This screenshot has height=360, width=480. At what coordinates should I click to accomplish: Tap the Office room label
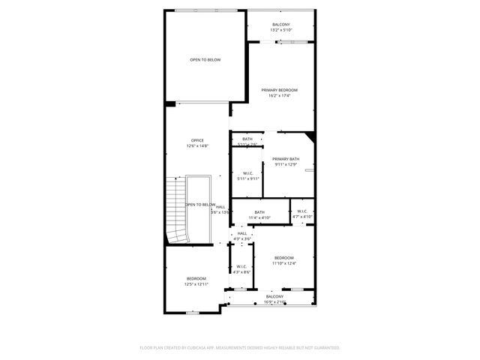click(x=197, y=140)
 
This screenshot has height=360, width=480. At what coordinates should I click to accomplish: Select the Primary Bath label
click(x=286, y=159)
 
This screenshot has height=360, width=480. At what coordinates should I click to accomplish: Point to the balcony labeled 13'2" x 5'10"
click(x=281, y=27)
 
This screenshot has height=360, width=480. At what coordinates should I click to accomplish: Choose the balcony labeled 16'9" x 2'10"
click(x=275, y=299)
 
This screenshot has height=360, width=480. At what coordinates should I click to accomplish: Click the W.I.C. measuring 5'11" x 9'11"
click(x=247, y=175)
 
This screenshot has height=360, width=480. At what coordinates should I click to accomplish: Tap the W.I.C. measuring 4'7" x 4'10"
click(x=301, y=214)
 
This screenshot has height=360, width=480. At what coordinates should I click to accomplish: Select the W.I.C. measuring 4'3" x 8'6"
click(x=241, y=268)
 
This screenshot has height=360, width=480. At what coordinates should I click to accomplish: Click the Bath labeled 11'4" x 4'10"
click(x=259, y=214)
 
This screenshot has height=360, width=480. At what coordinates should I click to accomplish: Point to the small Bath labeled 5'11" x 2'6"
click(x=247, y=141)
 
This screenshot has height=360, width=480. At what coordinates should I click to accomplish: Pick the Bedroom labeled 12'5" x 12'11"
click(x=196, y=281)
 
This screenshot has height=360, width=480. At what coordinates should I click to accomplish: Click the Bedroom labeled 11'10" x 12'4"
click(x=284, y=260)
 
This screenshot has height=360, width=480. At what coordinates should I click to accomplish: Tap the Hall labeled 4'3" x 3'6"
click(x=242, y=235)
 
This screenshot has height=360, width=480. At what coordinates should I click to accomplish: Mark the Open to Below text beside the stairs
click(x=200, y=205)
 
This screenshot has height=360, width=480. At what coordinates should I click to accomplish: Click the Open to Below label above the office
click(x=205, y=59)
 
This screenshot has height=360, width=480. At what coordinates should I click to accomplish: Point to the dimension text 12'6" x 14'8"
click(x=197, y=146)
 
